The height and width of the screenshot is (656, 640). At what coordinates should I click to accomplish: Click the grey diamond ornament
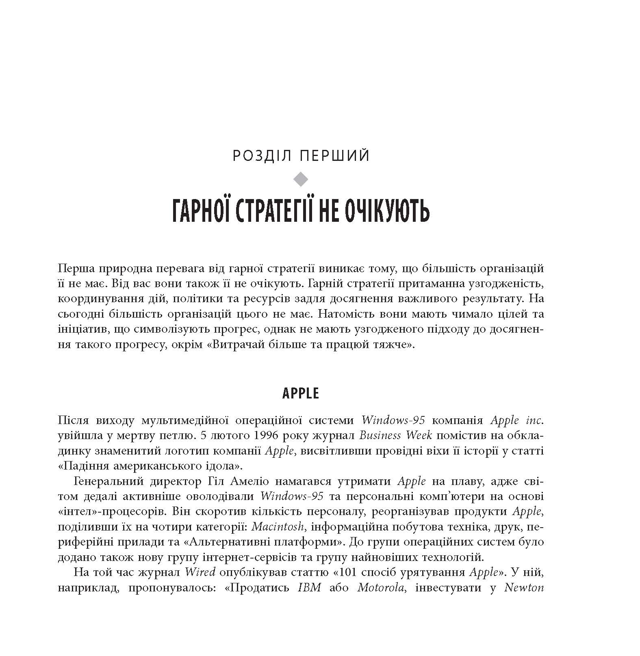301,179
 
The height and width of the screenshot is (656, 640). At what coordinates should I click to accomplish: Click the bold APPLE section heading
301,394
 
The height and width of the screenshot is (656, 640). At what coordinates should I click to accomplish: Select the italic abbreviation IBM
310,588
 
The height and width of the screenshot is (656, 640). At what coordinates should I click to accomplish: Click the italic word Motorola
382,588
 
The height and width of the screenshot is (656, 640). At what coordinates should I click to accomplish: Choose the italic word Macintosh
278,527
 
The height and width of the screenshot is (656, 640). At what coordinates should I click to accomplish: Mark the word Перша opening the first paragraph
75,268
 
